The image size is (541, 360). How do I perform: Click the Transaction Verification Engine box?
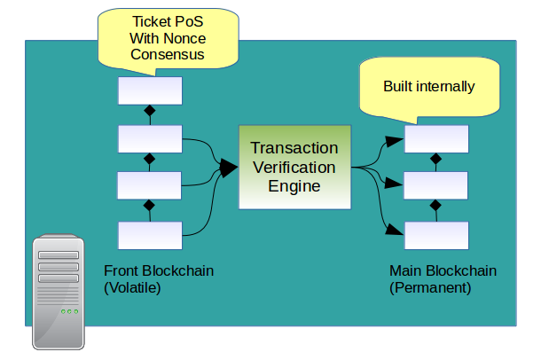[x=294, y=167]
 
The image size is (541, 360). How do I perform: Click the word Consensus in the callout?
[x=168, y=55]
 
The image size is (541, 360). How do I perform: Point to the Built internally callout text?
[x=429, y=87]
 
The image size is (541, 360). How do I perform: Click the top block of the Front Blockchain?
[x=150, y=90]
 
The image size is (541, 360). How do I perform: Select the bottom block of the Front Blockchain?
[x=150, y=234]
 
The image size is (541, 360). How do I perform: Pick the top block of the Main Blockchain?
[x=435, y=139]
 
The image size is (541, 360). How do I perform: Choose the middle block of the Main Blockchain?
[x=435, y=186]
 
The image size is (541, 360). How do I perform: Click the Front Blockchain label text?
[x=159, y=270]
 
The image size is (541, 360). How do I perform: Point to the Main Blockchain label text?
[x=443, y=270]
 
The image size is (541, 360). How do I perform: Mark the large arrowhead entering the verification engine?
[x=229, y=167]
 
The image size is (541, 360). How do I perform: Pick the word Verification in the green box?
[x=294, y=167]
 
